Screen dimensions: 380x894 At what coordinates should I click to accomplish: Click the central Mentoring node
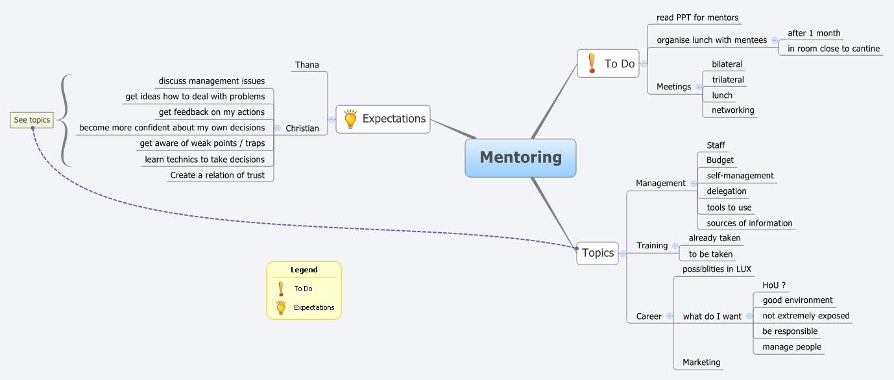[x=520, y=158]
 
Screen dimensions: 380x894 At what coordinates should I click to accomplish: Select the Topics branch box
[x=598, y=253]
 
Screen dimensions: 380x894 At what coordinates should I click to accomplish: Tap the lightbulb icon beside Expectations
[x=350, y=119]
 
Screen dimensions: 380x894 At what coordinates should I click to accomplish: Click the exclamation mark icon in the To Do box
[x=591, y=63]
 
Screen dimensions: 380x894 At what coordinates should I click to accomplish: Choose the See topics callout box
[x=32, y=120]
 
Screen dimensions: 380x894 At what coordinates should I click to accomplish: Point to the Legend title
[x=304, y=270]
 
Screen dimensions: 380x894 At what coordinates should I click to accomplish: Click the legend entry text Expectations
[x=314, y=307]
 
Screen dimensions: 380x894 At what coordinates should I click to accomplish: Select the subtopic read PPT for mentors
[x=697, y=18]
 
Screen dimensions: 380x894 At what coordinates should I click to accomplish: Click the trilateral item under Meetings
[x=728, y=80]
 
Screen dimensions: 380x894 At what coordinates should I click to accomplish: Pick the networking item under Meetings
[x=733, y=110]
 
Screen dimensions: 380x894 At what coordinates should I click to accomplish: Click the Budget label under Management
[x=720, y=160]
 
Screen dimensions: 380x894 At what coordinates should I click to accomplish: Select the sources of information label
[x=749, y=223]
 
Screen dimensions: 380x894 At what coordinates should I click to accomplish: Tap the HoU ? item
[x=775, y=285]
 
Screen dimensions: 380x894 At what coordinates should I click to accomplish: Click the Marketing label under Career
[x=701, y=362]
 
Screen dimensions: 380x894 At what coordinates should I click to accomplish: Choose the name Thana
[x=307, y=65]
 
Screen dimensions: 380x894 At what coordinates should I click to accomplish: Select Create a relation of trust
[x=217, y=175]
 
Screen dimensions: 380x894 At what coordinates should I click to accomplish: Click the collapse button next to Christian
[x=278, y=128]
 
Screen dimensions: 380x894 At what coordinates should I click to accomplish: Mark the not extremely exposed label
[x=806, y=316]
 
